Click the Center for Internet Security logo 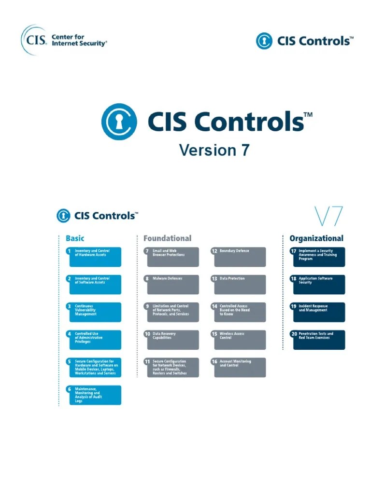pyautogui.click(x=64, y=40)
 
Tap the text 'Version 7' pyautogui.click(x=214, y=150)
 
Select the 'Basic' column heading pyautogui.click(x=75, y=238)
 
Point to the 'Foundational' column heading pyautogui.click(x=167, y=238)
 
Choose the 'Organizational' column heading pyautogui.click(x=316, y=238)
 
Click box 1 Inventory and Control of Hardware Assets pyautogui.click(x=94, y=257)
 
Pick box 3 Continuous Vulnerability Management pyautogui.click(x=94, y=312)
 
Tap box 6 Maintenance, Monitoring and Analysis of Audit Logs pyautogui.click(x=94, y=395)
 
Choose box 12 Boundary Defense pyautogui.click(x=238, y=257)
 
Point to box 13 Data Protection pyautogui.click(x=238, y=284)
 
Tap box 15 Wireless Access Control pyautogui.click(x=238, y=340)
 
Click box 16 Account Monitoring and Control pyautogui.click(x=238, y=367)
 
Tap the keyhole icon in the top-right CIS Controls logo pyautogui.click(x=264, y=41)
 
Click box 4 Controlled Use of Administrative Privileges pyautogui.click(x=94, y=340)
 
